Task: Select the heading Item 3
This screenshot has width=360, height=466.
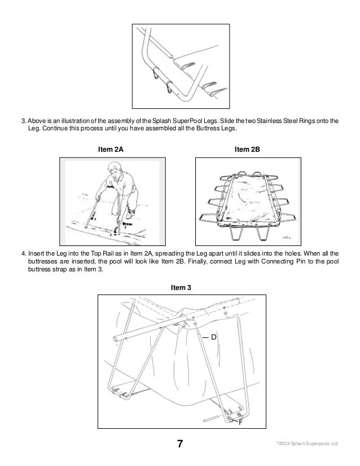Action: [181, 287]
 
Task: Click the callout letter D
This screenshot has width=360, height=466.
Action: [214, 337]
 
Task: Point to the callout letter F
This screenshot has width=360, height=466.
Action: [241, 421]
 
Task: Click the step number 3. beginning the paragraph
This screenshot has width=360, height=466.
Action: [24, 121]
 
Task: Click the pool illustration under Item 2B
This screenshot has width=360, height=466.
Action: [245, 200]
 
